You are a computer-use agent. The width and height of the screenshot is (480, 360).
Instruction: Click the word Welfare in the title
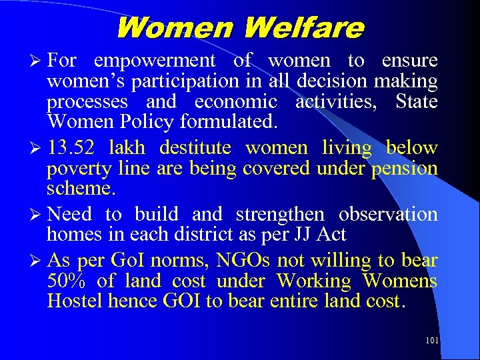(304, 29)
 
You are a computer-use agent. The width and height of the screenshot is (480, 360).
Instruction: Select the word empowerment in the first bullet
(155, 61)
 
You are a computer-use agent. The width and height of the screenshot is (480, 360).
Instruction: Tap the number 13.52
(70, 147)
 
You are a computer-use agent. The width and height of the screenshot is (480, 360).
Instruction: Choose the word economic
(236, 102)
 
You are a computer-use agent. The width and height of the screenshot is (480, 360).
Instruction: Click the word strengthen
(280, 214)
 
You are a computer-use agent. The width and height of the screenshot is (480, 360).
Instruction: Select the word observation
(388, 214)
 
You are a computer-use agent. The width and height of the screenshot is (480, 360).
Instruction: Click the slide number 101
(431, 341)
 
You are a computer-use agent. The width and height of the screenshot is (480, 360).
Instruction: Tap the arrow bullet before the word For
(37, 61)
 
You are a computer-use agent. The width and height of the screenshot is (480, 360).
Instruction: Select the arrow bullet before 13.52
(37, 148)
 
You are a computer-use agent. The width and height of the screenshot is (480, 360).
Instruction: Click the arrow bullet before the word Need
(37, 215)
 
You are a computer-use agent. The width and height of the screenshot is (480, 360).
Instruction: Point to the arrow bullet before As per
(37, 261)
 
